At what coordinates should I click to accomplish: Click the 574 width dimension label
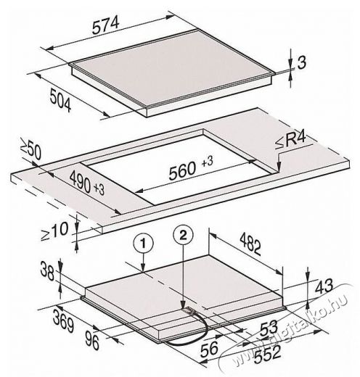[106, 25]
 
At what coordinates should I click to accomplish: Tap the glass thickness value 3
[301, 62]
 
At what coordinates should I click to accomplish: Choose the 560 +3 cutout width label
[191, 167]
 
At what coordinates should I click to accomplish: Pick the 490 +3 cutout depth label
[87, 183]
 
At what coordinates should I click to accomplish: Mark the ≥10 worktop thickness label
[54, 231]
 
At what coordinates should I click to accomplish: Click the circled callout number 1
[144, 244]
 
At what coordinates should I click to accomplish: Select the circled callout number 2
[183, 235]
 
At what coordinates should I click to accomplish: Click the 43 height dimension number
[324, 286]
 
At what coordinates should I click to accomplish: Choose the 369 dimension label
[63, 321]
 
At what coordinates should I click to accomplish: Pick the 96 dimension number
[92, 341]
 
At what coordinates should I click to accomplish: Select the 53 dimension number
[269, 327]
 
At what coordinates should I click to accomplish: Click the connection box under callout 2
[189, 310]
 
